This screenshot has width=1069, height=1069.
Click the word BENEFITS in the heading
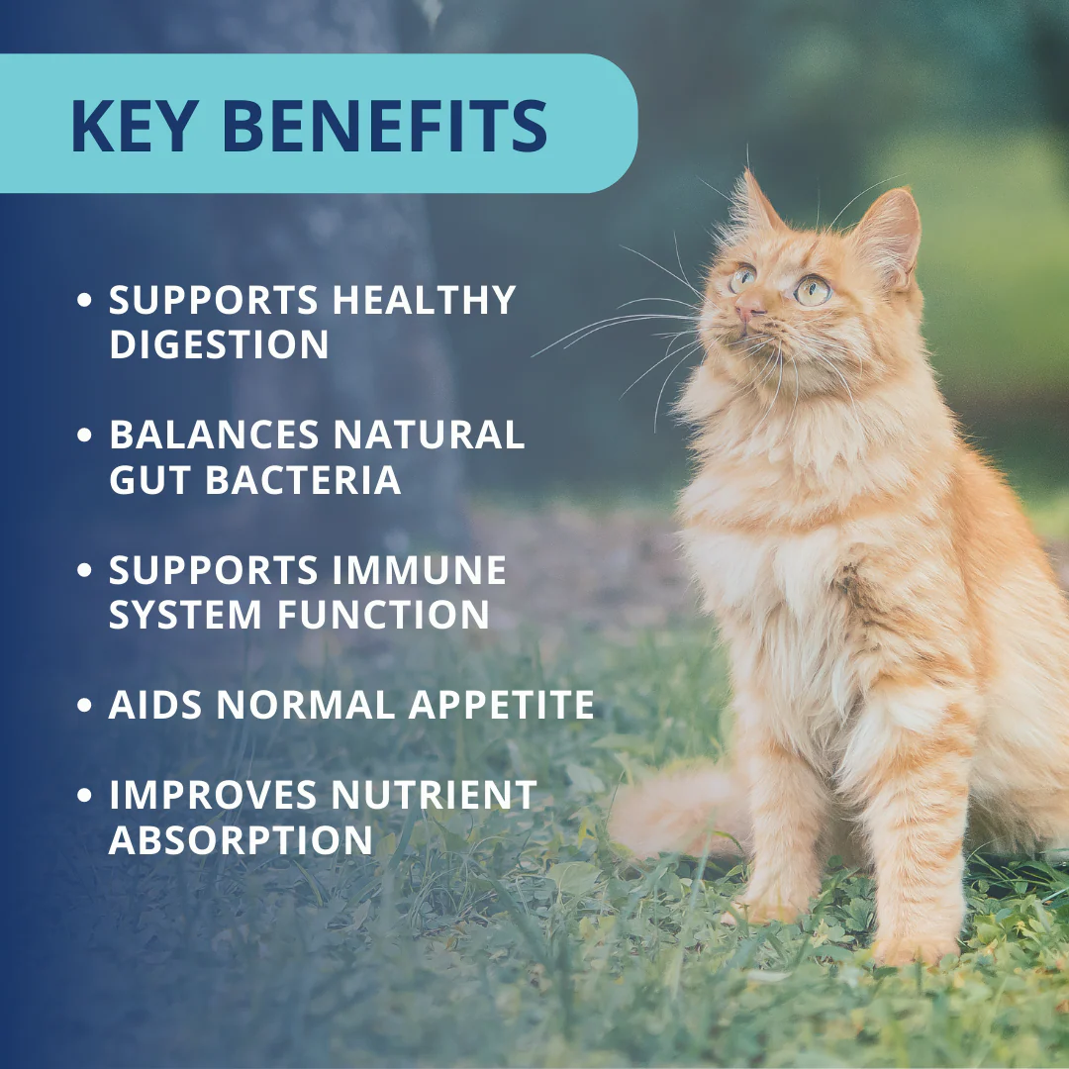pyautogui.click(x=387, y=126)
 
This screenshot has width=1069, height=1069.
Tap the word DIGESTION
pyautogui.click(x=219, y=344)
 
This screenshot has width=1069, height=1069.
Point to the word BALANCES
pyautogui.click(x=214, y=435)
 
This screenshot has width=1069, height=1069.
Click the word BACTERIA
pyautogui.click(x=303, y=480)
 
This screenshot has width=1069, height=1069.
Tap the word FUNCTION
pyautogui.click(x=383, y=615)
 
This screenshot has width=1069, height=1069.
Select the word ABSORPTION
pyautogui.click(x=241, y=840)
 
